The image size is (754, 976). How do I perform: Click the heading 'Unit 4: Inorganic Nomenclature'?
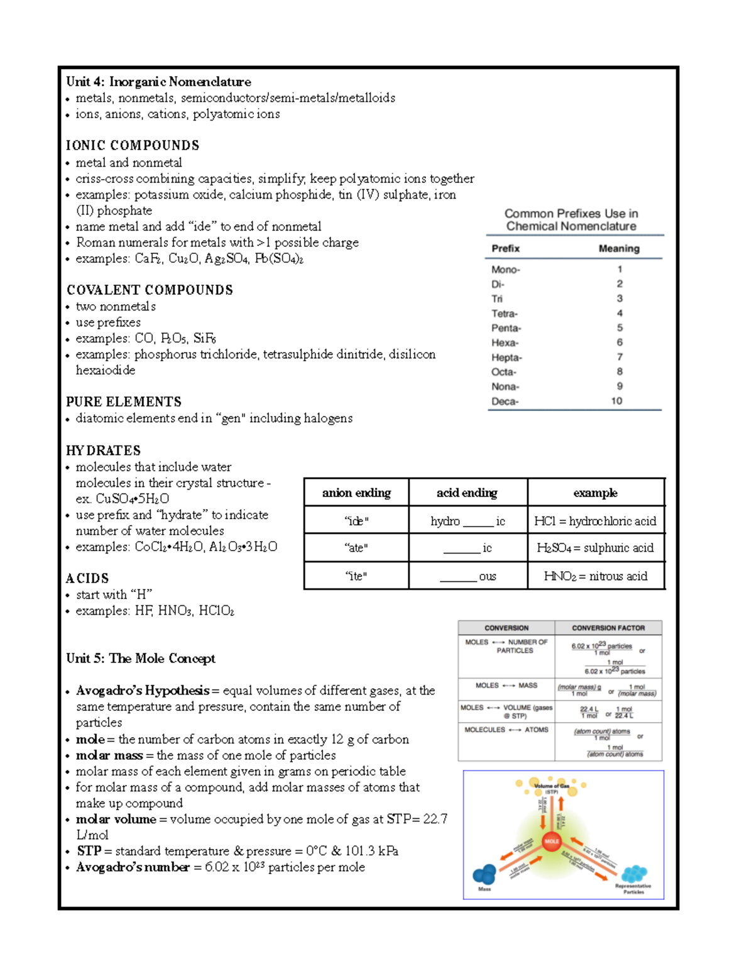[x=158, y=82]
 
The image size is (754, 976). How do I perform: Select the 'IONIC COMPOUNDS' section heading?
[x=133, y=146]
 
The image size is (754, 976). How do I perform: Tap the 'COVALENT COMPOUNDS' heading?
[x=150, y=290]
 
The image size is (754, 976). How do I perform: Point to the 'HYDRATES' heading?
[x=103, y=451]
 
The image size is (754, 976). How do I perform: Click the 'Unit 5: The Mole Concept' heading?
[x=141, y=659]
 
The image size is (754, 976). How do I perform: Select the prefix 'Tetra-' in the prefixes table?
[x=505, y=314]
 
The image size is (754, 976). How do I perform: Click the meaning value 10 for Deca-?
[x=617, y=401]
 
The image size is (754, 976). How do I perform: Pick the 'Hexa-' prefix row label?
[x=505, y=343]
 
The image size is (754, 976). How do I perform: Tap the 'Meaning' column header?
[x=619, y=249]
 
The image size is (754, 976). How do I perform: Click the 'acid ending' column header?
[x=467, y=493]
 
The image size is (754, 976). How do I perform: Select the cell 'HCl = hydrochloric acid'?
[x=595, y=521]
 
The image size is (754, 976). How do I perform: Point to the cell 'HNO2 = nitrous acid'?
[x=595, y=576]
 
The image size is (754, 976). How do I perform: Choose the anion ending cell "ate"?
[x=356, y=548]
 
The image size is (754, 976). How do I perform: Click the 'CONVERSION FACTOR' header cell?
[x=608, y=628]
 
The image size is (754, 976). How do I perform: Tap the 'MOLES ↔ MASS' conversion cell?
[x=506, y=686]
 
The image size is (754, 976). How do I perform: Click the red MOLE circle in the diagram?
[x=552, y=841]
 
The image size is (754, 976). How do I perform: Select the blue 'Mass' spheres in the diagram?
[x=484, y=874]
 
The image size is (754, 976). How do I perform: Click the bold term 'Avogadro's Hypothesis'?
[x=143, y=691]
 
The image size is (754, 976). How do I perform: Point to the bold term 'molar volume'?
[x=116, y=820]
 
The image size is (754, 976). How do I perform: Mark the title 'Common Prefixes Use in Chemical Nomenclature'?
[x=571, y=220]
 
